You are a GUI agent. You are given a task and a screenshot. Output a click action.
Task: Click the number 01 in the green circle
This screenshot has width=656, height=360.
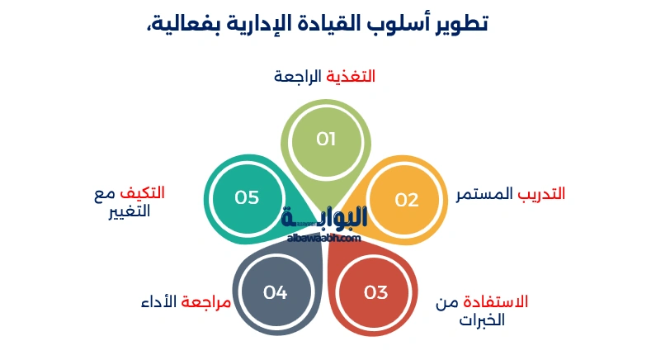326,139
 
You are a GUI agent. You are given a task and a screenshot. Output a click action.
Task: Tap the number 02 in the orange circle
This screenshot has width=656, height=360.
406,200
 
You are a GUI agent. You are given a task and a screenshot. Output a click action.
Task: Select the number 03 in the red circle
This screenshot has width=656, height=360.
375,292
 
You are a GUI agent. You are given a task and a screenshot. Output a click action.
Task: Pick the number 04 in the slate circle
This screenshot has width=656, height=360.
275,292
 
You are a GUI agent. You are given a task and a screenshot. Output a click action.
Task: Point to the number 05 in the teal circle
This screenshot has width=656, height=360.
247,197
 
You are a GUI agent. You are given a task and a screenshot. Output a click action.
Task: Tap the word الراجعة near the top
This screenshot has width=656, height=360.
298,77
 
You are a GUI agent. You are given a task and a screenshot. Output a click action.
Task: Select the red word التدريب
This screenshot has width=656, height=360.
541,194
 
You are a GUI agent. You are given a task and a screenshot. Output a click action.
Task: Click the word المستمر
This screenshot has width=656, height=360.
485,194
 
